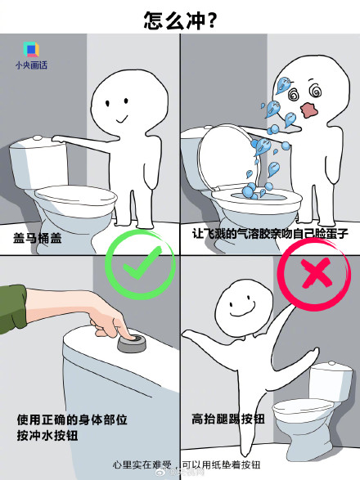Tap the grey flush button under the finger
(x=131, y=342)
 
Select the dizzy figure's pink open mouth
(x=308, y=108)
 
